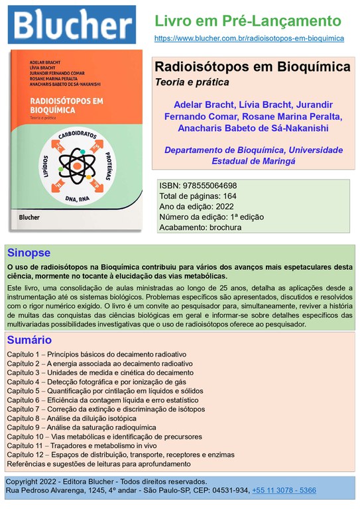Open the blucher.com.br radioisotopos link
[249, 38]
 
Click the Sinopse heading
[29, 253]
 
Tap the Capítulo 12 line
[121, 455]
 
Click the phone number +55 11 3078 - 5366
[283, 490]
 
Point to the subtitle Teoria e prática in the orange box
[192, 83]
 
